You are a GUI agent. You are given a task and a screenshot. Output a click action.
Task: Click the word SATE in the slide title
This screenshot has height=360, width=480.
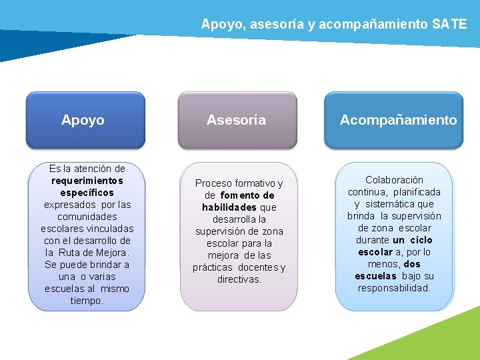[x=449, y=25]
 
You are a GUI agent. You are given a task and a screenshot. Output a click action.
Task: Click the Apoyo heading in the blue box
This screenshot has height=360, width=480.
[x=83, y=120]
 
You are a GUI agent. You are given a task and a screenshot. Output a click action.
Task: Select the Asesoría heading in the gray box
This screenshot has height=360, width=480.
[x=236, y=120]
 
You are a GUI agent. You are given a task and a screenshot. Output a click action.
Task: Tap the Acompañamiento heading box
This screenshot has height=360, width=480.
[x=398, y=120]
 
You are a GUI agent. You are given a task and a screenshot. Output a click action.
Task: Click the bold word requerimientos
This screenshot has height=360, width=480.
[x=87, y=181]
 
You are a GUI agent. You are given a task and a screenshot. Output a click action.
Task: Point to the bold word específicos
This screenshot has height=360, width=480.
[x=87, y=193]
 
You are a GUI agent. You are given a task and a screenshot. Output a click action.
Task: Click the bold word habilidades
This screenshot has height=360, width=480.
[x=229, y=207]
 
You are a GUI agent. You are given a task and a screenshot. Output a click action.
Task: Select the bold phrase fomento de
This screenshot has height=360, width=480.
[x=247, y=195]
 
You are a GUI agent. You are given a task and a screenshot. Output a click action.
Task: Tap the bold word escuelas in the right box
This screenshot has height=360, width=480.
[x=375, y=276]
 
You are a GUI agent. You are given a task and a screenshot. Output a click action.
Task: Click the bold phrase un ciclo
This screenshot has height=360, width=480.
[x=413, y=240]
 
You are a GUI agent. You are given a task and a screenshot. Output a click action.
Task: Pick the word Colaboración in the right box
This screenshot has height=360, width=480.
[x=394, y=180]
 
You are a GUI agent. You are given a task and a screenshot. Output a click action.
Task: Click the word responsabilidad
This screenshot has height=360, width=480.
[x=393, y=288]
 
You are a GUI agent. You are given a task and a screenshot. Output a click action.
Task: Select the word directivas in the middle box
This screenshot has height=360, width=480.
[x=239, y=279]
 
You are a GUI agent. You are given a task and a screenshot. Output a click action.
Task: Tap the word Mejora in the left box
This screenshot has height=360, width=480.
[x=111, y=253]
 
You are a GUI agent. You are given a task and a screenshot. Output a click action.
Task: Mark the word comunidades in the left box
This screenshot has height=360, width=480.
[x=87, y=217]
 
